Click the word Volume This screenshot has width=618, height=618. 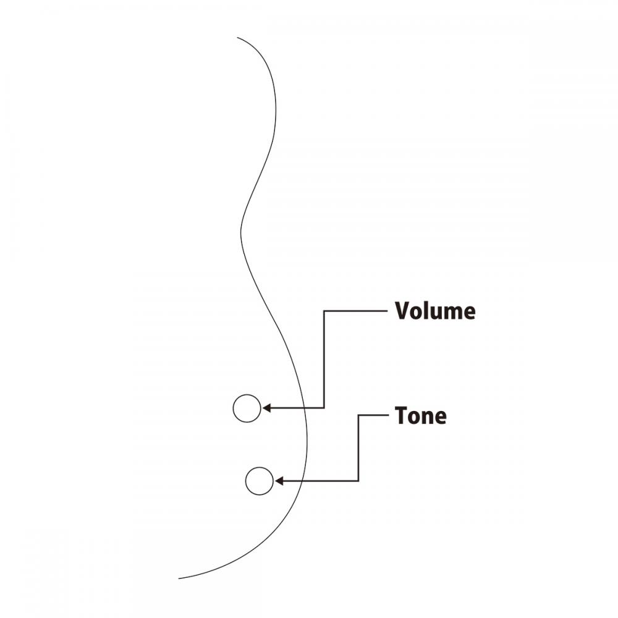[x=435, y=311]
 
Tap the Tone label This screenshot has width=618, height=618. [x=420, y=415]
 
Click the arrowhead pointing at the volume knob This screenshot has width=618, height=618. [x=266, y=408]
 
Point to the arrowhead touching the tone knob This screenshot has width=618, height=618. [x=279, y=481]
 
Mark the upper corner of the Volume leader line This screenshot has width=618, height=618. [x=324, y=311]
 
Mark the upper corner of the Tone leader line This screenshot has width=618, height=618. [x=358, y=415]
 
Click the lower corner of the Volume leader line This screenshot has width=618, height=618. [x=324, y=408]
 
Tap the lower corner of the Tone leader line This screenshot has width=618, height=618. [x=358, y=481]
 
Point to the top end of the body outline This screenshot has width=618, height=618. [x=237, y=38]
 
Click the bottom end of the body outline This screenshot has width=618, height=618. [x=179, y=578]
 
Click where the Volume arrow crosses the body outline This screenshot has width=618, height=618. [x=306, y=408]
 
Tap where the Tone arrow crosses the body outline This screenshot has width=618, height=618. [x=303, y=481]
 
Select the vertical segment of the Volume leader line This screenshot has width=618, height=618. [x=324, y=359]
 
